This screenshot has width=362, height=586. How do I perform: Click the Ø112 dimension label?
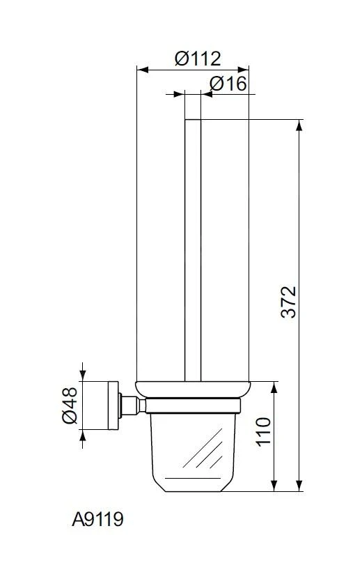(x=198, y=59)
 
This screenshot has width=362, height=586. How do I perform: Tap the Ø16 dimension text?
(x=228, y=84)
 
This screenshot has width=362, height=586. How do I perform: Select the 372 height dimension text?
(x=288, y=302)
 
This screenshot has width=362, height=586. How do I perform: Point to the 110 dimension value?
(x=263, y=431)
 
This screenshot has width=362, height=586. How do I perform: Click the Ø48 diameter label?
(x=70, y=406)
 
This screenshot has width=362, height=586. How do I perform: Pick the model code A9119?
(x=97, y=519)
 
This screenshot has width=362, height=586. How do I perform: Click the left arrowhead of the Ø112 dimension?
(x=143, y=70)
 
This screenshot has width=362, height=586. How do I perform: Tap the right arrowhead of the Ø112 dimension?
(x=243, y=70)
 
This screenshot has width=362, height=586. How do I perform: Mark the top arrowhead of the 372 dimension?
(x=299, y=125)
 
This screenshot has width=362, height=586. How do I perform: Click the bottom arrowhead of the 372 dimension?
(x=299, y=486)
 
